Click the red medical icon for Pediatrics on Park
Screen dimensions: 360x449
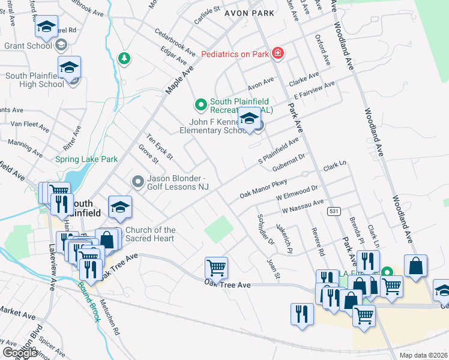277,54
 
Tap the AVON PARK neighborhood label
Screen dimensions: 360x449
249,13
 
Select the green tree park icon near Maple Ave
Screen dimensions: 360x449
124,58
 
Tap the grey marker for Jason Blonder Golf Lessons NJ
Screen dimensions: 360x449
138,181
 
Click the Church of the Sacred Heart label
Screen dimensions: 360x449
151,234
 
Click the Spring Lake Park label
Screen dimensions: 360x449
86,160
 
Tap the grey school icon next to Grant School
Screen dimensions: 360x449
61,45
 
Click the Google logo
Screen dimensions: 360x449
19,353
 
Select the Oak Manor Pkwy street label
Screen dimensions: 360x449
264,189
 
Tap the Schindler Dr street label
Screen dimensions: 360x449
265,230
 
